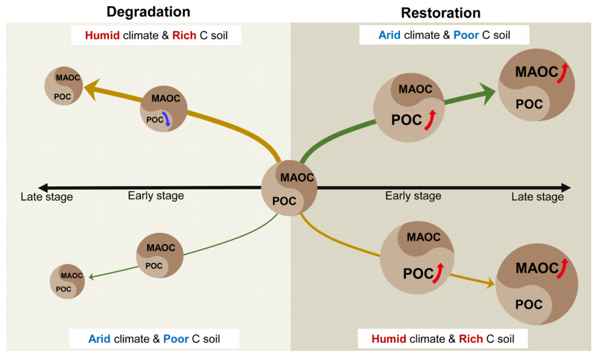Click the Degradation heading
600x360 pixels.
(148, 12)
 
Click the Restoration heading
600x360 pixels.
(441, 13)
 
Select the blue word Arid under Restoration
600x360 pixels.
(390, 35)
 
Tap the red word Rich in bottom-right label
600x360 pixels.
(471, 339)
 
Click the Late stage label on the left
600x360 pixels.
(47, 197)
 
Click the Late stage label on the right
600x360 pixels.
(537, 197)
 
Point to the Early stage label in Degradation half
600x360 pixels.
(156, 196)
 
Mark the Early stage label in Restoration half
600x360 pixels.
(413, 196)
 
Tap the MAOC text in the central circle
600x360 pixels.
(298, 178)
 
